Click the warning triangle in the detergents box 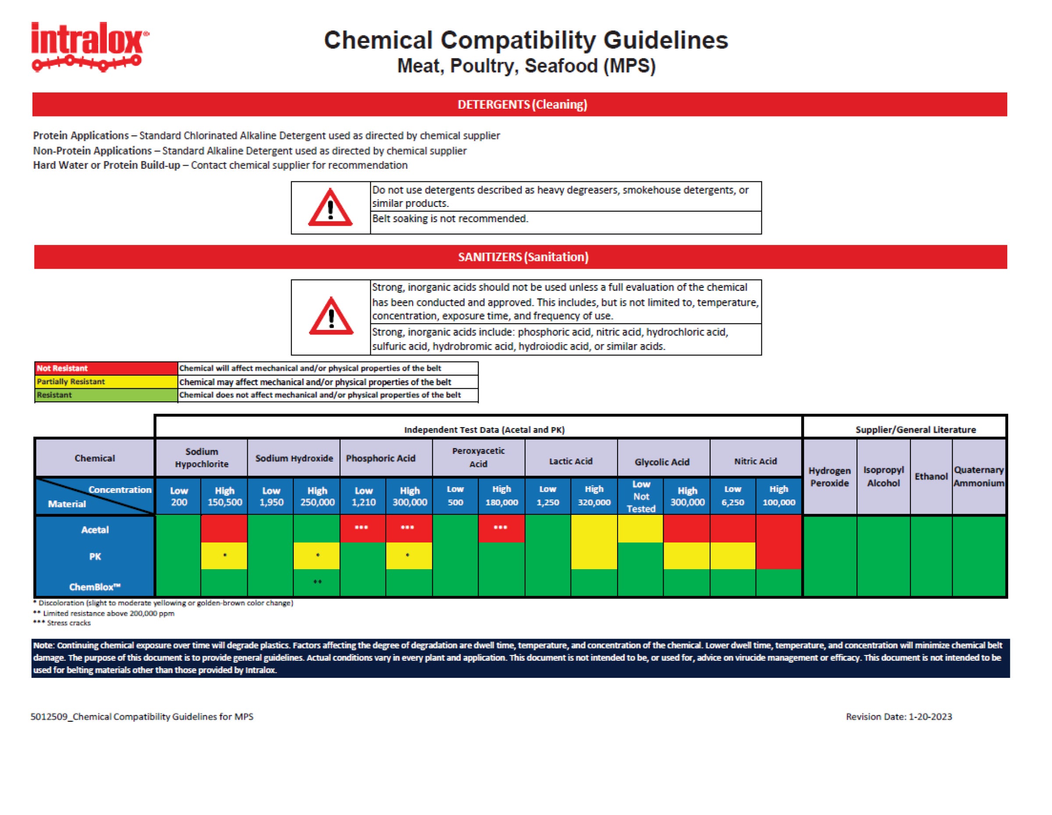[x=331, y=208]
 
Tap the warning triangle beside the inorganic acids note [x=331, y=317]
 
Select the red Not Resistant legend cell [x=106, y=368]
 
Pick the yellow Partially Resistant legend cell [x=106, y=382]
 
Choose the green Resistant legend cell [x=106, y=395]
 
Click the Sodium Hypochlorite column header [x=201, y=458]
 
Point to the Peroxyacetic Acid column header [x=478, y=457]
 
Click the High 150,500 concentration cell [x=224, y=496]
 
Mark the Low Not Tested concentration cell [x=641, y=496]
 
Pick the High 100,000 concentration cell [x=778, y=496]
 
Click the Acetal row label [x=95, y=530]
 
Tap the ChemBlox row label [x=95, y=587]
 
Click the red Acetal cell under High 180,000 [x=501, y=528]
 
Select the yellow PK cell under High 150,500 [x=224, y=556]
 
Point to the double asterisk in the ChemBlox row [x=317, y=582]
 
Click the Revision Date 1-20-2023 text [x=899, y=717]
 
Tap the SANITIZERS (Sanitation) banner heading [x=523, y=257]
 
